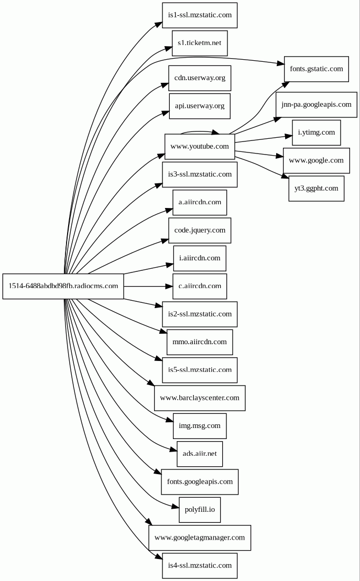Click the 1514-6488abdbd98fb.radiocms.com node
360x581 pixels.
pyautogui.click(x=63, y=286)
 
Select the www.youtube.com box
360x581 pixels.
pyautogui.click(x=199, y=146)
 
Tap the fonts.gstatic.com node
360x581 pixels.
pyautogui.click(x=316, y=69)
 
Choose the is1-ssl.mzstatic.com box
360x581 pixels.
pyautogui.click(x=200, y=15)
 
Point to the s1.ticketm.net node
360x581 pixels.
pyautogui.click(x=200, y=42)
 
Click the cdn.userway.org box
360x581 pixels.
pyautogui.click(x=200, y=78)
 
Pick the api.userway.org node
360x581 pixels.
pyautogui.click(x=200, y=106)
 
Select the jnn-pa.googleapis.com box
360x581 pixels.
pyautogui.click(x=316, y=104)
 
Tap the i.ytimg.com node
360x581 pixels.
pyautogui.click(x=316, y=132)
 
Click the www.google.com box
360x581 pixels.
pyautogui.click(x=316, y=160)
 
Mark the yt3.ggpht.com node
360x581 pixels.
pyautogui.click(x=316, y=188)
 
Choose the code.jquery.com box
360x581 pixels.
pyautogui.click(x=200, y=230)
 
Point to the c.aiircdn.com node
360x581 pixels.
pyautogui.click(x=200, y=286)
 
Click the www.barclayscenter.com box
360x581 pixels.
pyautogui.click(x=200, y=398)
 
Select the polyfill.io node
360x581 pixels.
pyautogui.click(x=200, y=510)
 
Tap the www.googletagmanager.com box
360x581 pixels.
pyautogui.click(x=200, y=538)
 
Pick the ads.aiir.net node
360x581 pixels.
pyautogui.click(x=200, y=454)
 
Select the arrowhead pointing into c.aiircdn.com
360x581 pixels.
pyautogui.click(x=169, y=286)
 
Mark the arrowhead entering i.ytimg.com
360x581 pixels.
pyautogui.click(x=288, y=136)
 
